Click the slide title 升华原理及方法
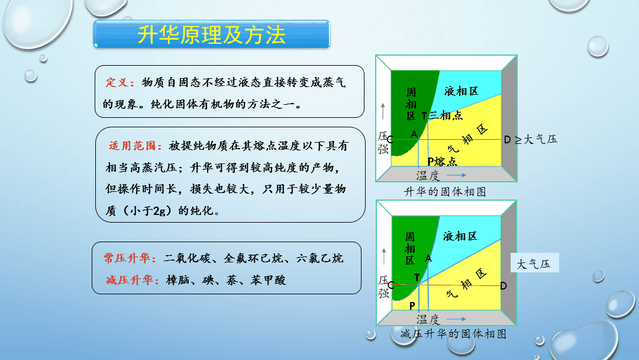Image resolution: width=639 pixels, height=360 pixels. tap(211, 35)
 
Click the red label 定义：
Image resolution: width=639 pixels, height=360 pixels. tap(120, 83)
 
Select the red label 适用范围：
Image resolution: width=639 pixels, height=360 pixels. tap(135, 146)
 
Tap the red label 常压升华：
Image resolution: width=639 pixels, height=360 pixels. tap(130, 259)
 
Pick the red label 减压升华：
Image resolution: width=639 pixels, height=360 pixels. tap(133, 280)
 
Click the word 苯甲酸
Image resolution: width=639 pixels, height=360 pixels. tap(268, 280)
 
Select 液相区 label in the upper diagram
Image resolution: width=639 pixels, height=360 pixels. tap(461, 91)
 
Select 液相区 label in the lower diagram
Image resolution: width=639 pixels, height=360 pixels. tap(460, 236)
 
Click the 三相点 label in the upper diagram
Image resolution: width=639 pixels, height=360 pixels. tap(446, 116)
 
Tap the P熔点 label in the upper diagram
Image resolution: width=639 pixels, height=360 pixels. tap(442, 162)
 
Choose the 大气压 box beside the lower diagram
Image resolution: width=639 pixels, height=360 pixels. tap(535, 263)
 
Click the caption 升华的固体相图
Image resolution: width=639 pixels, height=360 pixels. tap(445, 192)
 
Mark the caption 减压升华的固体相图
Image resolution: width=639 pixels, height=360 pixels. tap(453, 334)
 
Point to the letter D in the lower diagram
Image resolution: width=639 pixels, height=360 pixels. tap(504, 286)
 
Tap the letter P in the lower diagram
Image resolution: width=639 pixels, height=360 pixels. tap(412, 306)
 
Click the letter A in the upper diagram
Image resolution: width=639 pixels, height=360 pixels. tap(414, 134)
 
